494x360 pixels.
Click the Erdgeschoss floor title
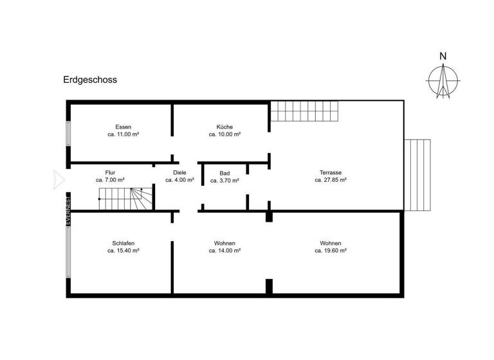click(89, 80)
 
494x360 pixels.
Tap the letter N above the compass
click(443, 57)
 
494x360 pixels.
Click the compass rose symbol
click(443, 81)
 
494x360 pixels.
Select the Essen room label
click(123, 127)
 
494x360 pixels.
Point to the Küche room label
click(224, 127)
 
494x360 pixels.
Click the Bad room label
click(224, 173)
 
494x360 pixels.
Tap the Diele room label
click(179, 172)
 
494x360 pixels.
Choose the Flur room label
click(110, 172)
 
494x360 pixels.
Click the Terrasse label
click(331, 172)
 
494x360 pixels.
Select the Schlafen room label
click(123, 243)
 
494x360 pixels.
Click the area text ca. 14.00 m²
click(224, 251)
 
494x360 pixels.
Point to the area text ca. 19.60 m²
click(331, 251)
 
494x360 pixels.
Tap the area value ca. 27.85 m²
click(331, 181)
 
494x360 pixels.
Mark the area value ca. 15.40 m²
click(123, 251)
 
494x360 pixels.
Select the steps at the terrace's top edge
click(304, 112)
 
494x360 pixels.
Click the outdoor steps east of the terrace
click(419, 174)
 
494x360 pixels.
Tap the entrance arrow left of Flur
click(59, 179)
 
